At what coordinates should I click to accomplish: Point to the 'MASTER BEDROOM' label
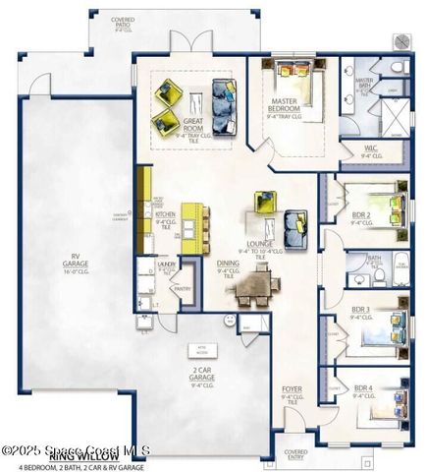[292, 104]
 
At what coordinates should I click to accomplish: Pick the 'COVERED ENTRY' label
[295, 453]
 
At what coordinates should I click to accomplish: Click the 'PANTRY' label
[182, 289]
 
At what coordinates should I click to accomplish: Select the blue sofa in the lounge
[295, 229]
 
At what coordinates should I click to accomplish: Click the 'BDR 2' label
[361, 218]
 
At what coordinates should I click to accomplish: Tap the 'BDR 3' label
[361, 313]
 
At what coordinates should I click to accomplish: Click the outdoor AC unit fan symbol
[401, 40]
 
